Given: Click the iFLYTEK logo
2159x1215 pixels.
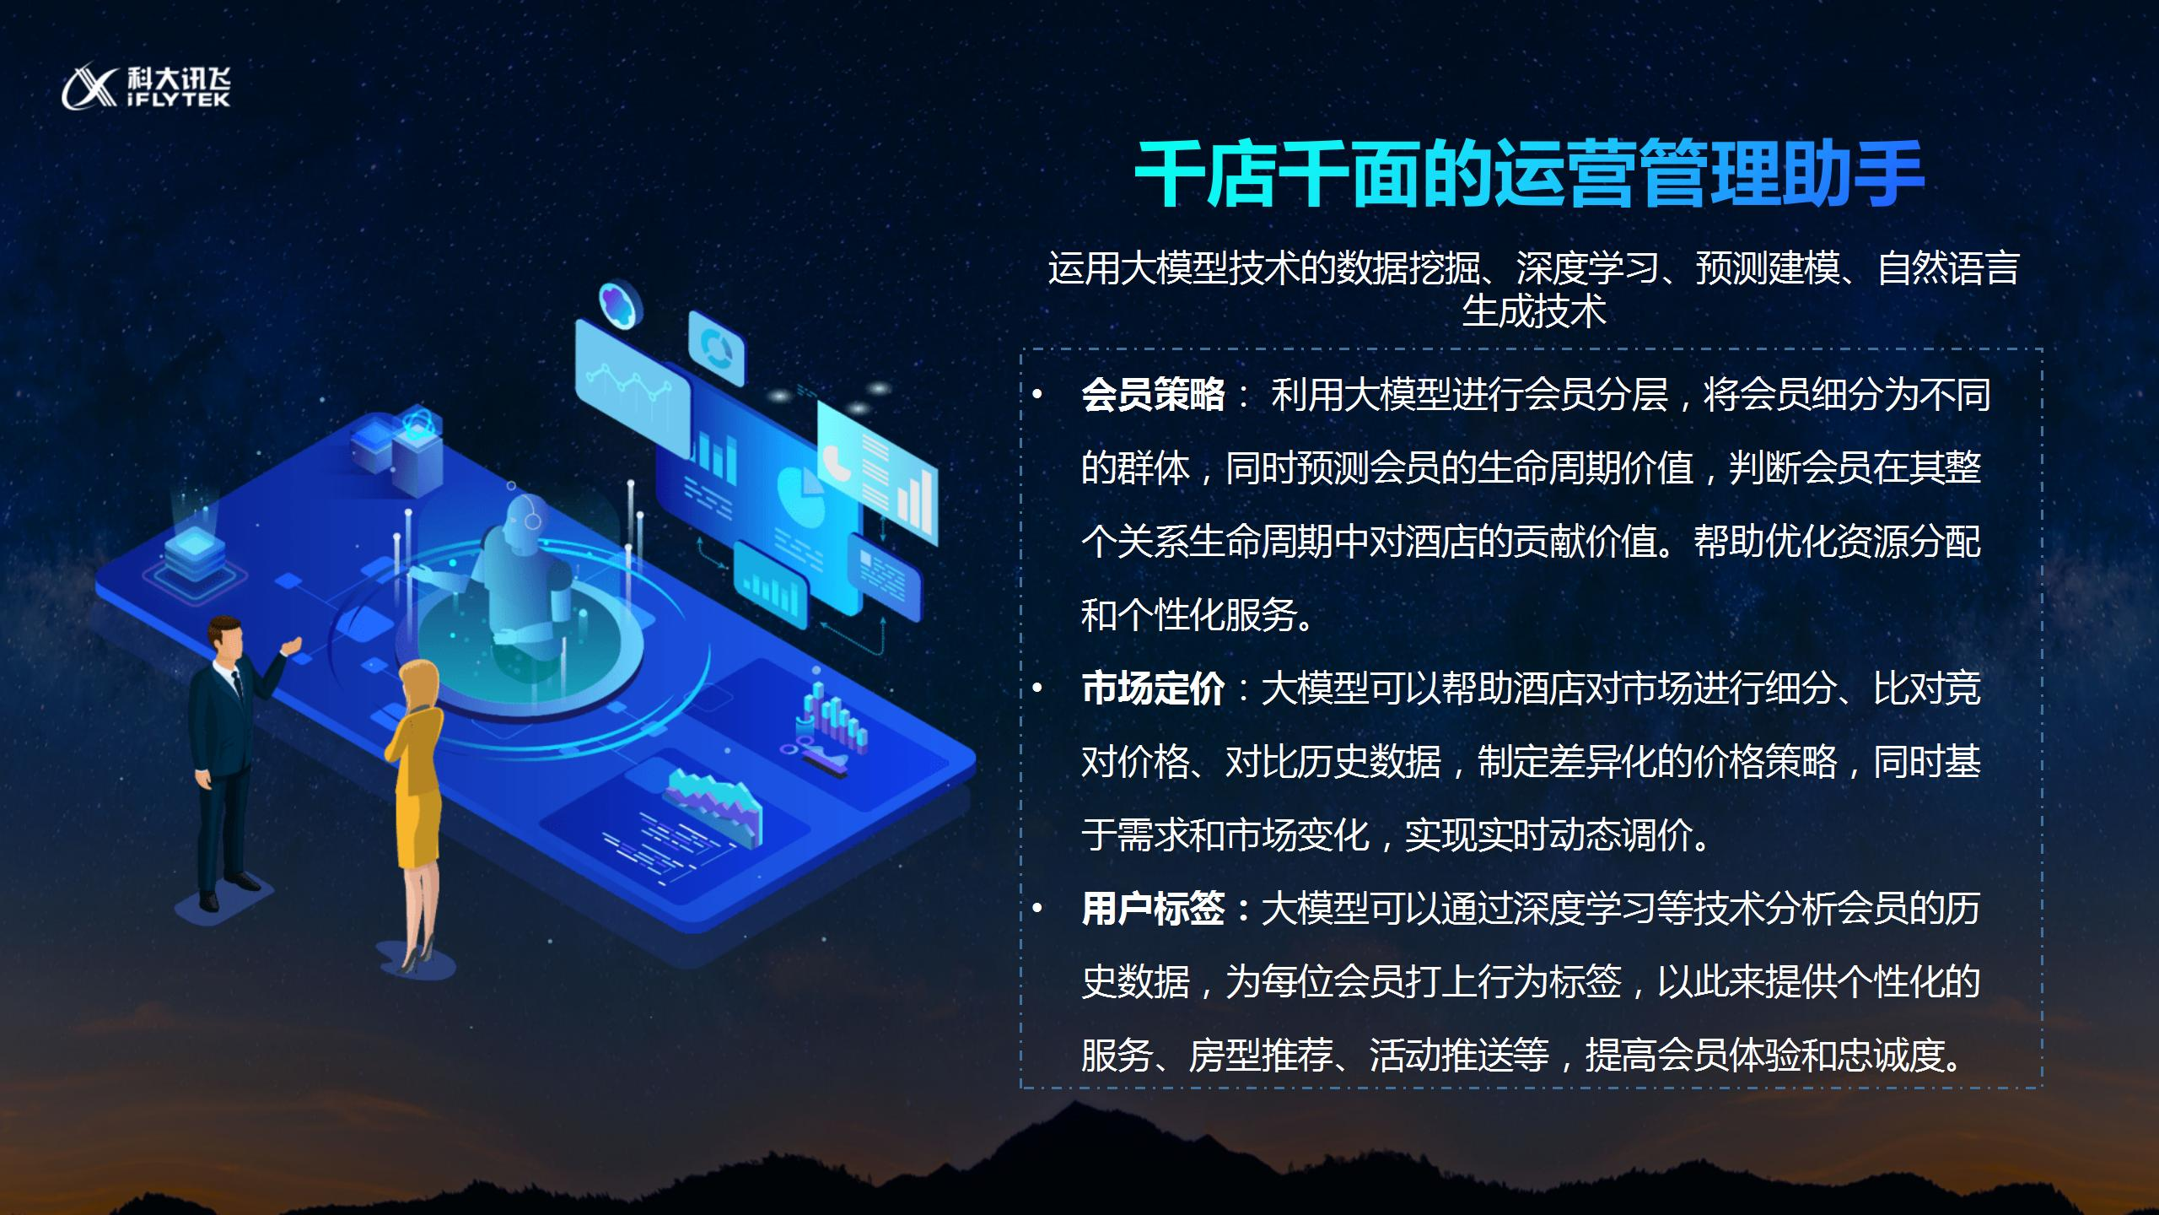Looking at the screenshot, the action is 146,87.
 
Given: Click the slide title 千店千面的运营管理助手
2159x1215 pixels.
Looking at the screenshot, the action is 1529,175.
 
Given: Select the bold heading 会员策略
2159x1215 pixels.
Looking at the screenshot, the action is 1153,394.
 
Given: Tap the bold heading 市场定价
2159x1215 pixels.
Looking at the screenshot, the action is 1153,688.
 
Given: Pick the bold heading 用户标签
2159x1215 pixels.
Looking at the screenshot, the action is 1153,909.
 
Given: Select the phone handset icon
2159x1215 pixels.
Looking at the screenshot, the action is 837,462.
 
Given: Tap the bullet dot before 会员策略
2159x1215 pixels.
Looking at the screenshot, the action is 1037,395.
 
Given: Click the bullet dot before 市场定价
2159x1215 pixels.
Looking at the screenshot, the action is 1037,689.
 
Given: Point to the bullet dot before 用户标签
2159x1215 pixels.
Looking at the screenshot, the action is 1037,910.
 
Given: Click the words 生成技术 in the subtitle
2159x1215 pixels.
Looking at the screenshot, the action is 1534,311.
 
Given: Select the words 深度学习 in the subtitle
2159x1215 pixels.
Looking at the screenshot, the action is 1587,268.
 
